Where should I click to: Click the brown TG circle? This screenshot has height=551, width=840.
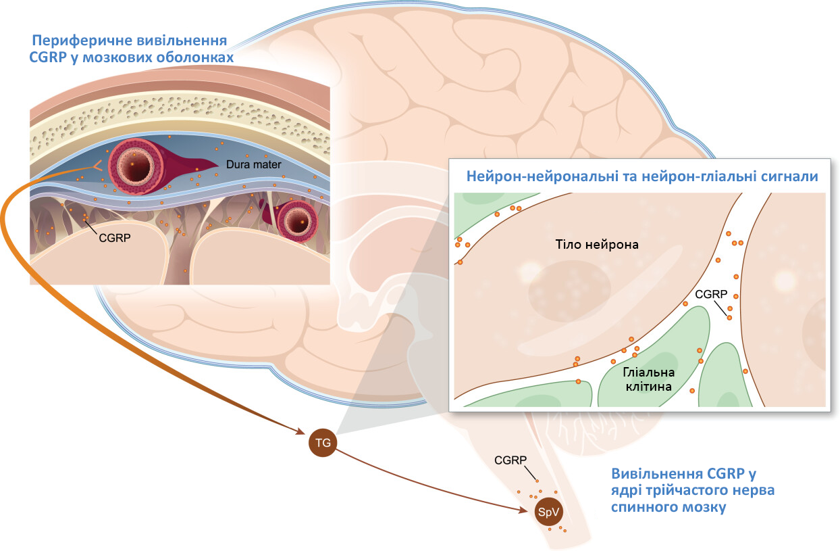[323, 443]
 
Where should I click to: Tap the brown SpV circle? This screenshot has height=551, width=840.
[548, 512]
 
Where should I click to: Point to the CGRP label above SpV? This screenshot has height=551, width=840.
[510, 460]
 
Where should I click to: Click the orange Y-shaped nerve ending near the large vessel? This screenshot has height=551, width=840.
[97, 166]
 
